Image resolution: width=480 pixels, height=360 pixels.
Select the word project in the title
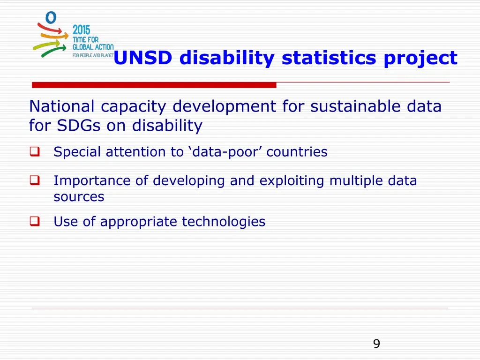420,58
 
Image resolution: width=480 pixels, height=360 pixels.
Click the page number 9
376,344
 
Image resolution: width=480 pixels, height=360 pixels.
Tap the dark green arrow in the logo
52,51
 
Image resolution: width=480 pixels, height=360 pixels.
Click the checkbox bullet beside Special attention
34,152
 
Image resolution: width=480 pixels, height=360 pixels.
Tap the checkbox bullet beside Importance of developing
34,180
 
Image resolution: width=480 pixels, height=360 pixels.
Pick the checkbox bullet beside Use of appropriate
34,222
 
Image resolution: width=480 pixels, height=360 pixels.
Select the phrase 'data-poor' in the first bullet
225,152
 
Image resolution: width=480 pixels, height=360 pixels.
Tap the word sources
79,196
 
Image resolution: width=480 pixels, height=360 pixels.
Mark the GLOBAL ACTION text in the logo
93,47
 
